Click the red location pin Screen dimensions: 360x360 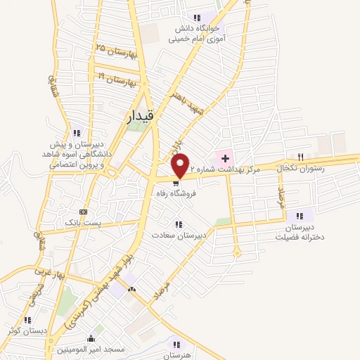coord(181,166)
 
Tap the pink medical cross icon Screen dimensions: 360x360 coord(225,157)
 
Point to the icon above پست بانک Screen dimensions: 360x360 coord(84,211)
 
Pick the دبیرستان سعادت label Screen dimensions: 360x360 coord(180,237)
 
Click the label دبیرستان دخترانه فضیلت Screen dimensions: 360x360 coord(304,233)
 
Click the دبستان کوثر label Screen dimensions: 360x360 coord(27,330)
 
